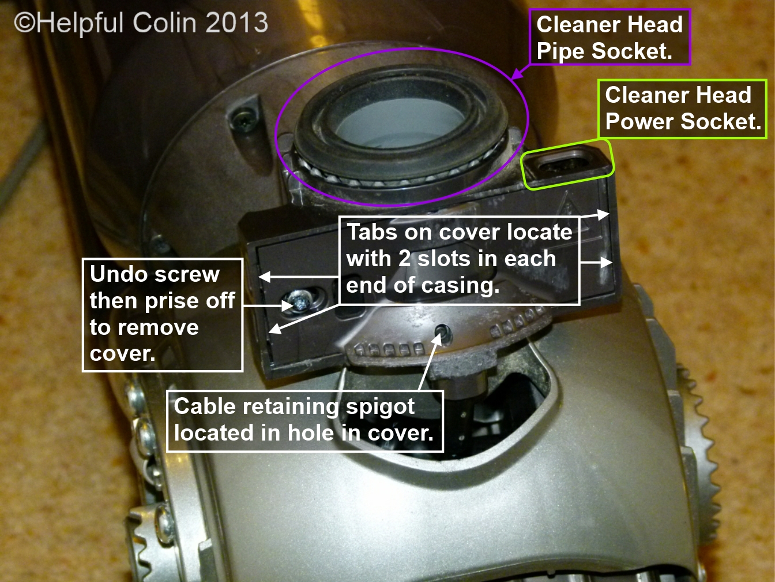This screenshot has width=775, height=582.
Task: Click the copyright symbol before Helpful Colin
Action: pos(25,23)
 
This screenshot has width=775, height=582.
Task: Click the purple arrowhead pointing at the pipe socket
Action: pos(516,74)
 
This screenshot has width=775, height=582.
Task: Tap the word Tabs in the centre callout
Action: pos(372,232)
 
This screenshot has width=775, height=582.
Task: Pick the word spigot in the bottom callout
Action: pos(379,407)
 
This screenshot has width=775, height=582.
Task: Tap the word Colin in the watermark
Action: pos(164,23)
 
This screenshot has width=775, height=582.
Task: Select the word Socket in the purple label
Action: pos(631,51)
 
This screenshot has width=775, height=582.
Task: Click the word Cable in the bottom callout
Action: pos(205,406)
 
